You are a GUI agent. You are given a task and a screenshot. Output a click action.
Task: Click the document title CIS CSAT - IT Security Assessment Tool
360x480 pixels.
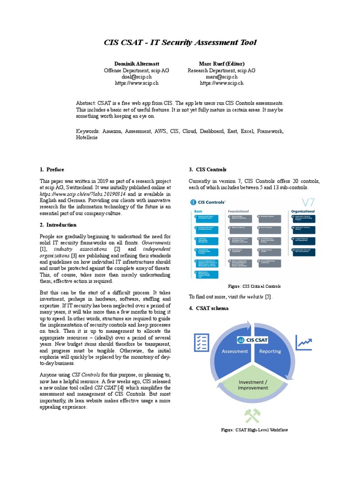(x=180, y=43)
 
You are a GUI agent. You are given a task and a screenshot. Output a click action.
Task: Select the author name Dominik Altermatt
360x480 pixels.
(x=136, y=64)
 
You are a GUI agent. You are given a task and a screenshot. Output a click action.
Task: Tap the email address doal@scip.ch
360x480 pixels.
(x=136, y=76)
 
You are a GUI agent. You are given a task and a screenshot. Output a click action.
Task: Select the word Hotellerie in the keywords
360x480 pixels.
(x=87, y=138)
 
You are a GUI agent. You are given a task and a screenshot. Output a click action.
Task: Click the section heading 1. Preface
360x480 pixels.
(x=52, y=170)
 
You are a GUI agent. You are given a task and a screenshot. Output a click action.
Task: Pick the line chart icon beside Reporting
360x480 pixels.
(x=304, y=343)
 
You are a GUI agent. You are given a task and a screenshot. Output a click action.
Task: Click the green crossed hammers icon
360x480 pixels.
(x=253, y=416)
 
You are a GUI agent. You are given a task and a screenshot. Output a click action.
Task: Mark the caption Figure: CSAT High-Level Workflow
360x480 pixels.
(x=254, y=430)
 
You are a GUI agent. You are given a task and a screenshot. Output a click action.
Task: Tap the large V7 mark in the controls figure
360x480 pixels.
(x=307, y=203)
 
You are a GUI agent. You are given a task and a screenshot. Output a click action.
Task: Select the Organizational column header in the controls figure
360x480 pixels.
(x=302, y=211)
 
